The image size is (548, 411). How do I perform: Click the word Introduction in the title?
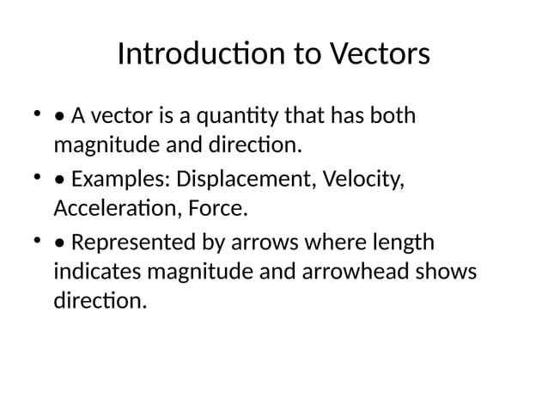189,54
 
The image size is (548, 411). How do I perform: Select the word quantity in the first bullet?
230,114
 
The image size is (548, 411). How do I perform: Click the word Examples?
119,181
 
